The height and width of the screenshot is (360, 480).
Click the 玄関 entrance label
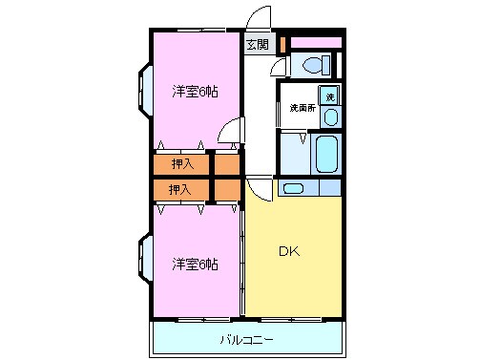tap(258, 44)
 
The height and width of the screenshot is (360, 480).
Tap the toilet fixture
tap(313, 65)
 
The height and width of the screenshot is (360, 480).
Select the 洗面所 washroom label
tap(303, 108)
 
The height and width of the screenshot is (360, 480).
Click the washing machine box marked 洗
tap(329, 95)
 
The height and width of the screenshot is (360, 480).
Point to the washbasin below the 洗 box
tap(330, 116)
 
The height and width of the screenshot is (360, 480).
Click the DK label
tap(289, 253)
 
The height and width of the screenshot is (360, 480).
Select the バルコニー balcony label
tap(247, 339)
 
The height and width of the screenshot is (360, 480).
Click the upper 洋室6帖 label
tap(195, 92)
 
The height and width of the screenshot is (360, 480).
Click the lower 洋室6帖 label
tap(195, 263)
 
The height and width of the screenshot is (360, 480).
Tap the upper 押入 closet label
tap(180, 164)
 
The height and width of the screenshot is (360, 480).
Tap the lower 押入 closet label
tap(180, 189)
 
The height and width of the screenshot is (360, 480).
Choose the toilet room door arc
tap(278, 67)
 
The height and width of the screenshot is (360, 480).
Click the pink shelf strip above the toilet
tap(316, 43)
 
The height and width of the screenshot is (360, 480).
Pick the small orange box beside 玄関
tap(283, 43)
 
